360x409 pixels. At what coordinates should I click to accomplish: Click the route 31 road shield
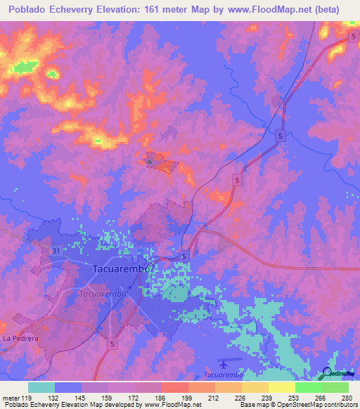coord(56,251)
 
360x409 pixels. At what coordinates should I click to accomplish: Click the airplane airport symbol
coord(224,364)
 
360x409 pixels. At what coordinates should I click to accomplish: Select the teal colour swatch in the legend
coord(41,387)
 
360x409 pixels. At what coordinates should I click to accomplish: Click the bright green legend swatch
coord(308,387)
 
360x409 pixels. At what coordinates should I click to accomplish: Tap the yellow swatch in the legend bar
coord(281,387)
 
